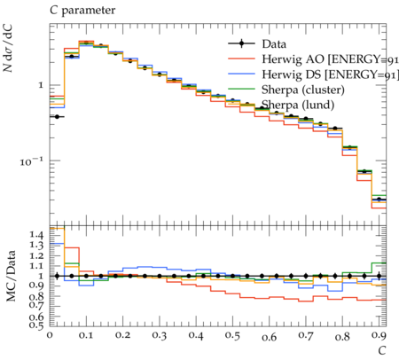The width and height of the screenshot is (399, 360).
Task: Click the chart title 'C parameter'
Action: (x=82, y=11)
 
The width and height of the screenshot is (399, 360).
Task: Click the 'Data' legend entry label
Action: (x=274, y=44)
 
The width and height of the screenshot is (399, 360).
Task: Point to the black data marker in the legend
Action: (x=241, y=43)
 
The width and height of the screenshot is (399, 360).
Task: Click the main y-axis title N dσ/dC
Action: (x=8, y=48)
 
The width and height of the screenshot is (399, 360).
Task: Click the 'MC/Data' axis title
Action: (x=11, y=276)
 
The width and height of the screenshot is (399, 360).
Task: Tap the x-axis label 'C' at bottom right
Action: (x=382, y=350)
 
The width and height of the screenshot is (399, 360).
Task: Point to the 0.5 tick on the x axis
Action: (x=232, y=336)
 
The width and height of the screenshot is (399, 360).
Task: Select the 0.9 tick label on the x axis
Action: (x=379, y=336)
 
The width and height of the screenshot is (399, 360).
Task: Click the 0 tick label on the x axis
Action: (x=50, y=335)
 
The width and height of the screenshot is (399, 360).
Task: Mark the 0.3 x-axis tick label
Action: (x=160, y=336)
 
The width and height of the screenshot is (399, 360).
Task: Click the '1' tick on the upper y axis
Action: (x=41, y=85)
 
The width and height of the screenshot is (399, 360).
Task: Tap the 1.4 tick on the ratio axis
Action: (x=36, y=236)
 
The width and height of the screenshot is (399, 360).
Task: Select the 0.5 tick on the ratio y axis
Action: (x=36, y=325)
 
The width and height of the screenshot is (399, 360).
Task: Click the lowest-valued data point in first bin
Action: (x=57, y=117)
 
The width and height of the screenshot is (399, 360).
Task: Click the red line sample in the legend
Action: (x=241, y=59)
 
